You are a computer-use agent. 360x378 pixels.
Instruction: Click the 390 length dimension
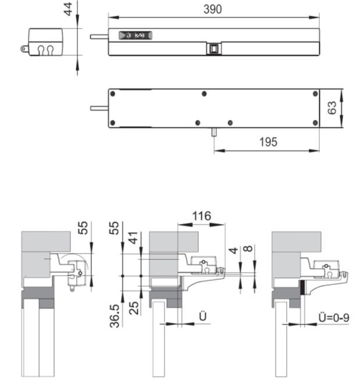pos(212,9)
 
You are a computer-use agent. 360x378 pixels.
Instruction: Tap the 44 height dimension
pos(68,9)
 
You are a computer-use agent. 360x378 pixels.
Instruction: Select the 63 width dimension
pos(332,108)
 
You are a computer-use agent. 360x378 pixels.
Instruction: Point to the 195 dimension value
pos(268,142)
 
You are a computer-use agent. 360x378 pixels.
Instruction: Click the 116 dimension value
pos(202,216)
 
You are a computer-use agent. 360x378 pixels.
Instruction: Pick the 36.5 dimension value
pos(115,316)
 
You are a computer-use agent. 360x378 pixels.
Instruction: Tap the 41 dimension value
pos(133,238)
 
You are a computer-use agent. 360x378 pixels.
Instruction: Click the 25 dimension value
pos(134,308)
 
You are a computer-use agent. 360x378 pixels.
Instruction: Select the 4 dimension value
pos(233,251)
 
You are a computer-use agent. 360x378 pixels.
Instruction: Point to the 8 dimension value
pos(248,248)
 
